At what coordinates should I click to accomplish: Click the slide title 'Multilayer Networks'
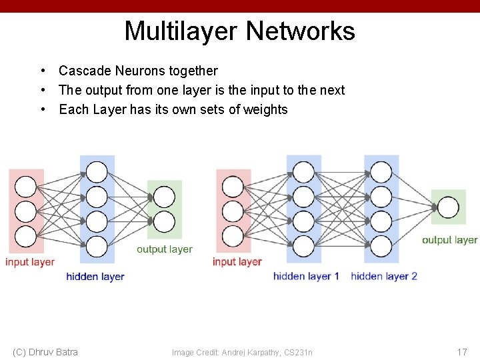point(239,31)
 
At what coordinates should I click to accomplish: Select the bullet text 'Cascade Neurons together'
point(138,71)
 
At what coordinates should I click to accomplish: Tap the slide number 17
point(461,352)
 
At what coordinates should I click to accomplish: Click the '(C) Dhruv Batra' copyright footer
point(45,352)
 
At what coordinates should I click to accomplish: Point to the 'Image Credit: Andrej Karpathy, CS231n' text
point(242,352)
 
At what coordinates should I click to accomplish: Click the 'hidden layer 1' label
point(306,276)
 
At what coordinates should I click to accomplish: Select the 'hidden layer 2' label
point(384,276)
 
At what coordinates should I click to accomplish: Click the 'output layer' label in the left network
point(164,249)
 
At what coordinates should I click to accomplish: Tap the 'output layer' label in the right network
point(449,240)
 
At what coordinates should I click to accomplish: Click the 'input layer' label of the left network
point(30,262)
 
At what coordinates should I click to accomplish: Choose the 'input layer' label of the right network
point(237,262)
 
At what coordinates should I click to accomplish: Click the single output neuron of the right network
point(449,208)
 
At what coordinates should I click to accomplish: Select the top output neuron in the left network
point(164,197)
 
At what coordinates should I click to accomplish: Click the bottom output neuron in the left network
point(164,221)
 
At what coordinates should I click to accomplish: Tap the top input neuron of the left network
point(26,186)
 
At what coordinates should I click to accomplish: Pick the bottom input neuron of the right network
point(233,236)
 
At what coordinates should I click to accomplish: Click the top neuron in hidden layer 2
point(381,172)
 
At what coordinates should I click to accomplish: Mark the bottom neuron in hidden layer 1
point(303,246)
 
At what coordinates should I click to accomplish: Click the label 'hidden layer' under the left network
point(95,276)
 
